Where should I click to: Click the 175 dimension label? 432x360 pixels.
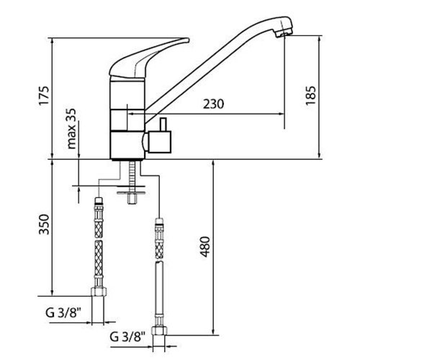coord(44,95)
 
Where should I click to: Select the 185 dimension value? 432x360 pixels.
coord(311,95)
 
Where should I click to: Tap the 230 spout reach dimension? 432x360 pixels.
coord(213,104)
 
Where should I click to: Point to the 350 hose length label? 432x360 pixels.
coord(44,225)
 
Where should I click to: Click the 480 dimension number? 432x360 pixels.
coord(205,247)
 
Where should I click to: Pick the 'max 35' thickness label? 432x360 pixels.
coord(72,129)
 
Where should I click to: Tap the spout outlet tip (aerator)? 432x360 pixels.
coord(283,34)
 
